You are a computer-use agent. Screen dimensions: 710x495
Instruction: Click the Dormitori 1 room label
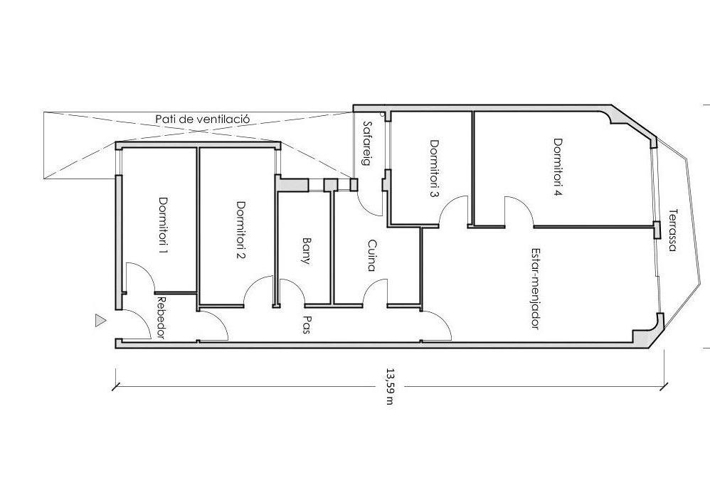click(162, 225)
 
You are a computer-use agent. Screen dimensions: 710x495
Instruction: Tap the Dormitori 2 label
click(241, 230)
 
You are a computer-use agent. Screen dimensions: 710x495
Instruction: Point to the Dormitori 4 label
click(558, 167)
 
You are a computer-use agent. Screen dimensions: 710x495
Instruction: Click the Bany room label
click(307, 251)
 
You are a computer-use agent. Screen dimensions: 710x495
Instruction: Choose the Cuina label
click(371, 255)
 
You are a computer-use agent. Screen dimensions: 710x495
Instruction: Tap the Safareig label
click(367, 144)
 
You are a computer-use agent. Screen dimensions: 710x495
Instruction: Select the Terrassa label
click(672, 230)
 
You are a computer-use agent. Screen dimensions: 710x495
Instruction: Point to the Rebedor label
click(161, 318)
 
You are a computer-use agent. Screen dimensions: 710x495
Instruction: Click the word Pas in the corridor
click(306, 325)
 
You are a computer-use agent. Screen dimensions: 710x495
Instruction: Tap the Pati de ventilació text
click(203, 119)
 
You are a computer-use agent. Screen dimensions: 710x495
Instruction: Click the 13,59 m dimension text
click(389, 386)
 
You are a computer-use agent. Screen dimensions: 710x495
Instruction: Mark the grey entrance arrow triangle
click(100, 321)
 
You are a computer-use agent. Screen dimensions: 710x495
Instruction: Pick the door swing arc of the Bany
click(295, 286)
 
